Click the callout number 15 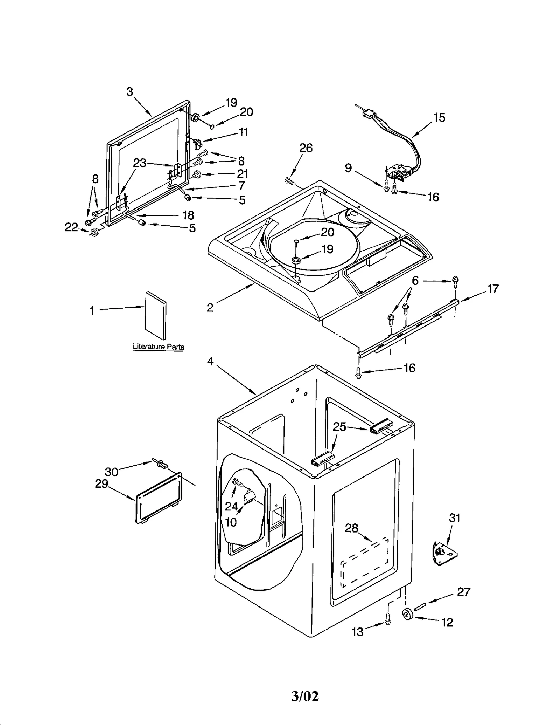439,117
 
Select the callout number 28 351,528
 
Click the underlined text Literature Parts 159,347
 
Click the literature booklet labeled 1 156,315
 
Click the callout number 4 210,361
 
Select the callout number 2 210,308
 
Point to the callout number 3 129,92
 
